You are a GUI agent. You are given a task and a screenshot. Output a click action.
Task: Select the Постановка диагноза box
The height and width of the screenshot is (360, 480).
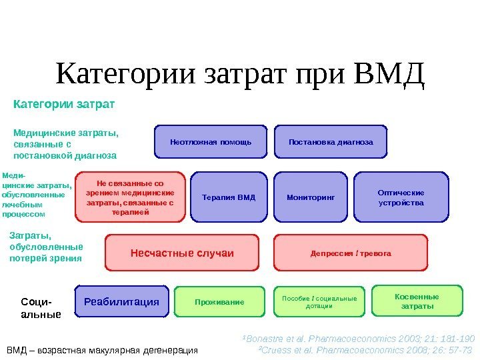pos(331,142)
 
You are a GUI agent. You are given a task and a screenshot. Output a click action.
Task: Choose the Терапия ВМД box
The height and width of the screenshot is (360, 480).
pos(229,197)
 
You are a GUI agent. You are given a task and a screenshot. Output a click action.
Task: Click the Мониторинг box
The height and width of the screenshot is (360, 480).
pos(310,197)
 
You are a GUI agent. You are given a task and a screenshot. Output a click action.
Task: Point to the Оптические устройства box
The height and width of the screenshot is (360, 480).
pos(400,197)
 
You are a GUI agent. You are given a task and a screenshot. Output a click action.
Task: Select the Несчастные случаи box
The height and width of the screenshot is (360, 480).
pos(181,253)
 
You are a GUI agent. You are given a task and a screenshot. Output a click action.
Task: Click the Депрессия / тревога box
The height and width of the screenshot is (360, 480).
pos(351,253)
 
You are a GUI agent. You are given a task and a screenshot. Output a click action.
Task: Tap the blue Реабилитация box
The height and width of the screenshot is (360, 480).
pos(121,301)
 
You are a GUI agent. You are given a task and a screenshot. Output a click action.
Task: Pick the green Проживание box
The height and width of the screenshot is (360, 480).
pos(219,302)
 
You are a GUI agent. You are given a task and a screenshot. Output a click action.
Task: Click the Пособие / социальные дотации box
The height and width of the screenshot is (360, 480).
pos(319,302)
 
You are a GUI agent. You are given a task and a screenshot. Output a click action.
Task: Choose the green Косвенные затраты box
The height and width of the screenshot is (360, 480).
pos(417,301)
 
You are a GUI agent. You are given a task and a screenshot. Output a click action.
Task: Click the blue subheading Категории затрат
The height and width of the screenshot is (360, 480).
pos(64,105)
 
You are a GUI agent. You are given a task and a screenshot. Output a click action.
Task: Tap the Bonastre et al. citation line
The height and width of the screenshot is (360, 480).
pos(358,337)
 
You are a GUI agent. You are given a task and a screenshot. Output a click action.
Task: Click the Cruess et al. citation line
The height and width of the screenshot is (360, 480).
pos(365,349)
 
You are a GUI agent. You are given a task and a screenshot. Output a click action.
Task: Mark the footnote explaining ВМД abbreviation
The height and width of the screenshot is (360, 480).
pos(102,350)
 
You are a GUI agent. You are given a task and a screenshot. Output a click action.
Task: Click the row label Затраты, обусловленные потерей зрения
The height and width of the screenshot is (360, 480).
pos(47,246)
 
